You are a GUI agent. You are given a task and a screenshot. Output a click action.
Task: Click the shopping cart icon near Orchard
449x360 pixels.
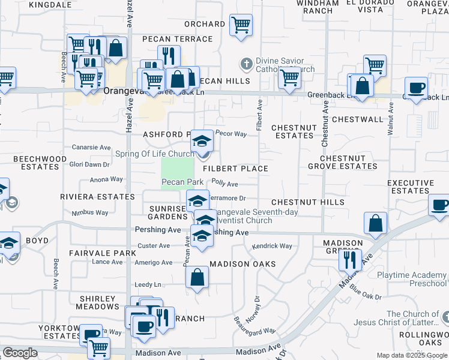click(241, 25)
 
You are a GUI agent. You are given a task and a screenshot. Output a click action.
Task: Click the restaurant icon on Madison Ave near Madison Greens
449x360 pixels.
click(347, 259)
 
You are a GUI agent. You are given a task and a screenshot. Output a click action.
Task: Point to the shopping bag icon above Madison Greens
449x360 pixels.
click(375, 223)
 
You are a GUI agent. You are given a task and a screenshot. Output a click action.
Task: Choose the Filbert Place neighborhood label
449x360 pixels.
click(235, 169)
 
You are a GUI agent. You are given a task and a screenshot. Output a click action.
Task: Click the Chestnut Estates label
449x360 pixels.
click(292, 132)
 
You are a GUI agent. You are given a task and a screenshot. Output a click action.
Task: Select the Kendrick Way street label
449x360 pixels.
click(272, 246)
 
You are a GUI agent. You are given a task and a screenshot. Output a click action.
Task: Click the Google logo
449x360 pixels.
click(20, 353)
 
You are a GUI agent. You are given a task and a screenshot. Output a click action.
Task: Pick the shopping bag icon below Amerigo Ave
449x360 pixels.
click(196, 277)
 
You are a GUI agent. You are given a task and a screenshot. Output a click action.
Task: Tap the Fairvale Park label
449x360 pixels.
click(103, 253)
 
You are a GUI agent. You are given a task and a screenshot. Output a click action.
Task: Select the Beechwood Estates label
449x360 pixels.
click(40, 163)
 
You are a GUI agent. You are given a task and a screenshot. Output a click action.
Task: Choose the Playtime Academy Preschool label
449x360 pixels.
click(412, 279)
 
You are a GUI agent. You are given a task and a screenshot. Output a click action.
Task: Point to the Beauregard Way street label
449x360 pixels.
click(255, 324)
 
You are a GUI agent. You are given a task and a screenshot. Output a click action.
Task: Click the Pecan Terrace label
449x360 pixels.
click(177, 39)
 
